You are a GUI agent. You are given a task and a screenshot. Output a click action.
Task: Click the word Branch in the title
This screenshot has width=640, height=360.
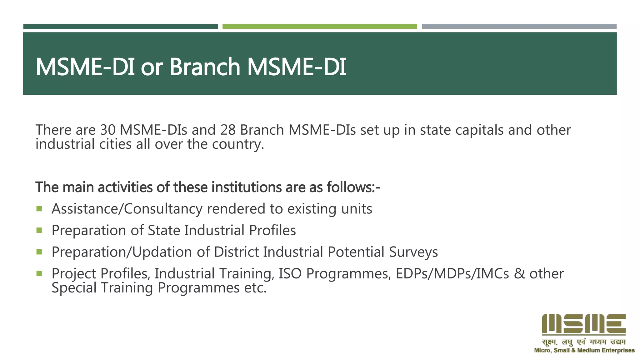tap(204, 67)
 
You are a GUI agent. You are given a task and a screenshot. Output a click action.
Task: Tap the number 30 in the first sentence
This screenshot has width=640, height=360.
tap(108, 130)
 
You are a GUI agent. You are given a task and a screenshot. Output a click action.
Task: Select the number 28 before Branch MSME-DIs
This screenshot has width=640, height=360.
tap(227, 130)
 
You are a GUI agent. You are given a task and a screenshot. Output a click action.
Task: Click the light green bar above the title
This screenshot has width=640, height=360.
tap(319, 27)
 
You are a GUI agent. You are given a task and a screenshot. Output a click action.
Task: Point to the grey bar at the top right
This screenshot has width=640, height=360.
tap(519, 27)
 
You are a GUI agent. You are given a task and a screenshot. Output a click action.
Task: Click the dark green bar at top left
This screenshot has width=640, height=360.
tap(120, 27)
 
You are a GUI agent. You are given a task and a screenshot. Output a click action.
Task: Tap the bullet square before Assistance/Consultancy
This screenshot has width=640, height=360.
tap(39, 209)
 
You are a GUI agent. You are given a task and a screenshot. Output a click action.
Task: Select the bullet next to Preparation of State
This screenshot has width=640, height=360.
tap(39, 230)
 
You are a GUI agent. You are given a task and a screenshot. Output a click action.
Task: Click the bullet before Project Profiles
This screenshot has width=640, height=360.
tap(39, 274)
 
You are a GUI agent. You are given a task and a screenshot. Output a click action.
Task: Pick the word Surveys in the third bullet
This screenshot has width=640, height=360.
tap(413, 252)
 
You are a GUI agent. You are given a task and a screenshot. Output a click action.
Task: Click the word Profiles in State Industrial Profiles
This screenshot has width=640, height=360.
tap(272, 231)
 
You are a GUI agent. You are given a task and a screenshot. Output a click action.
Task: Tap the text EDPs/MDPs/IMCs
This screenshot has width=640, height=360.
tap(452, 274)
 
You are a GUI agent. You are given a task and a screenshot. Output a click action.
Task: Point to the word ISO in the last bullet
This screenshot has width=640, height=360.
tap(290, 274)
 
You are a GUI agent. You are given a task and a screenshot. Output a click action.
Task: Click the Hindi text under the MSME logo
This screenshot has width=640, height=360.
tap(583, 342)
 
